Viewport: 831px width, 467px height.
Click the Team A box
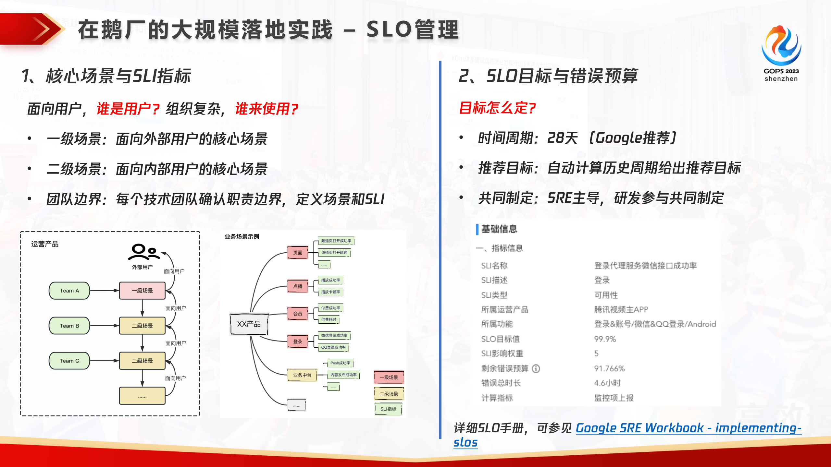(69, 291)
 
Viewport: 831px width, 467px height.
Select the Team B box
(69, 326)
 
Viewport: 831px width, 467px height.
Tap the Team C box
(69, 361)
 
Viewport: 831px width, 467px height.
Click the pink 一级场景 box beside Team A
(142, 291)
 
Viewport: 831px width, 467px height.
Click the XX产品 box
(249, 324)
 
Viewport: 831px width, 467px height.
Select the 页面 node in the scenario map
(297, 253)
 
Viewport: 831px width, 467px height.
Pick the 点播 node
(297, 286)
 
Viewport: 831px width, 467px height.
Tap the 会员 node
(297, 314)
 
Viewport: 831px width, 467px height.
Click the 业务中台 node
(302, 375)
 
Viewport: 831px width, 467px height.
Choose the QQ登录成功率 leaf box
(333, 347)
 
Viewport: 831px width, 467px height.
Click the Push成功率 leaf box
(340, 363)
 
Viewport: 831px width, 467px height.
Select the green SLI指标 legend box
(388, 409)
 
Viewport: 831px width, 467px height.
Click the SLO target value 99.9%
(605, 339)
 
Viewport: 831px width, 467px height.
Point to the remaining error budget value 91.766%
(609, 368)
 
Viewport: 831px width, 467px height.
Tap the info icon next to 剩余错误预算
(536, 368)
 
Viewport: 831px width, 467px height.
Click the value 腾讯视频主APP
(621, 309)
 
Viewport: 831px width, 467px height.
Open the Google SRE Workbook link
(688, 428)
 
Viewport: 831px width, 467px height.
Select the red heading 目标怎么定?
(497, 108)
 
